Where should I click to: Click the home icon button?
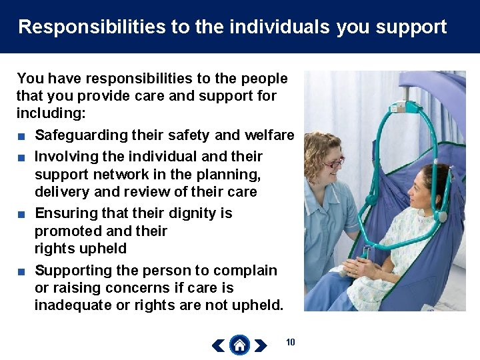(239, 345)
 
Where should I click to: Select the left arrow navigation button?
(218, 345)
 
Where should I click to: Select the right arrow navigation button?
(261, 345)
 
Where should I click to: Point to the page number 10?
(290, 343)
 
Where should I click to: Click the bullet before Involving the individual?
(22, 157)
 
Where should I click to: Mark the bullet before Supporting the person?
(22, 271)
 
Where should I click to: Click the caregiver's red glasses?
(333, 162)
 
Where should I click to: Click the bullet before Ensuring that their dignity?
(22, 214)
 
